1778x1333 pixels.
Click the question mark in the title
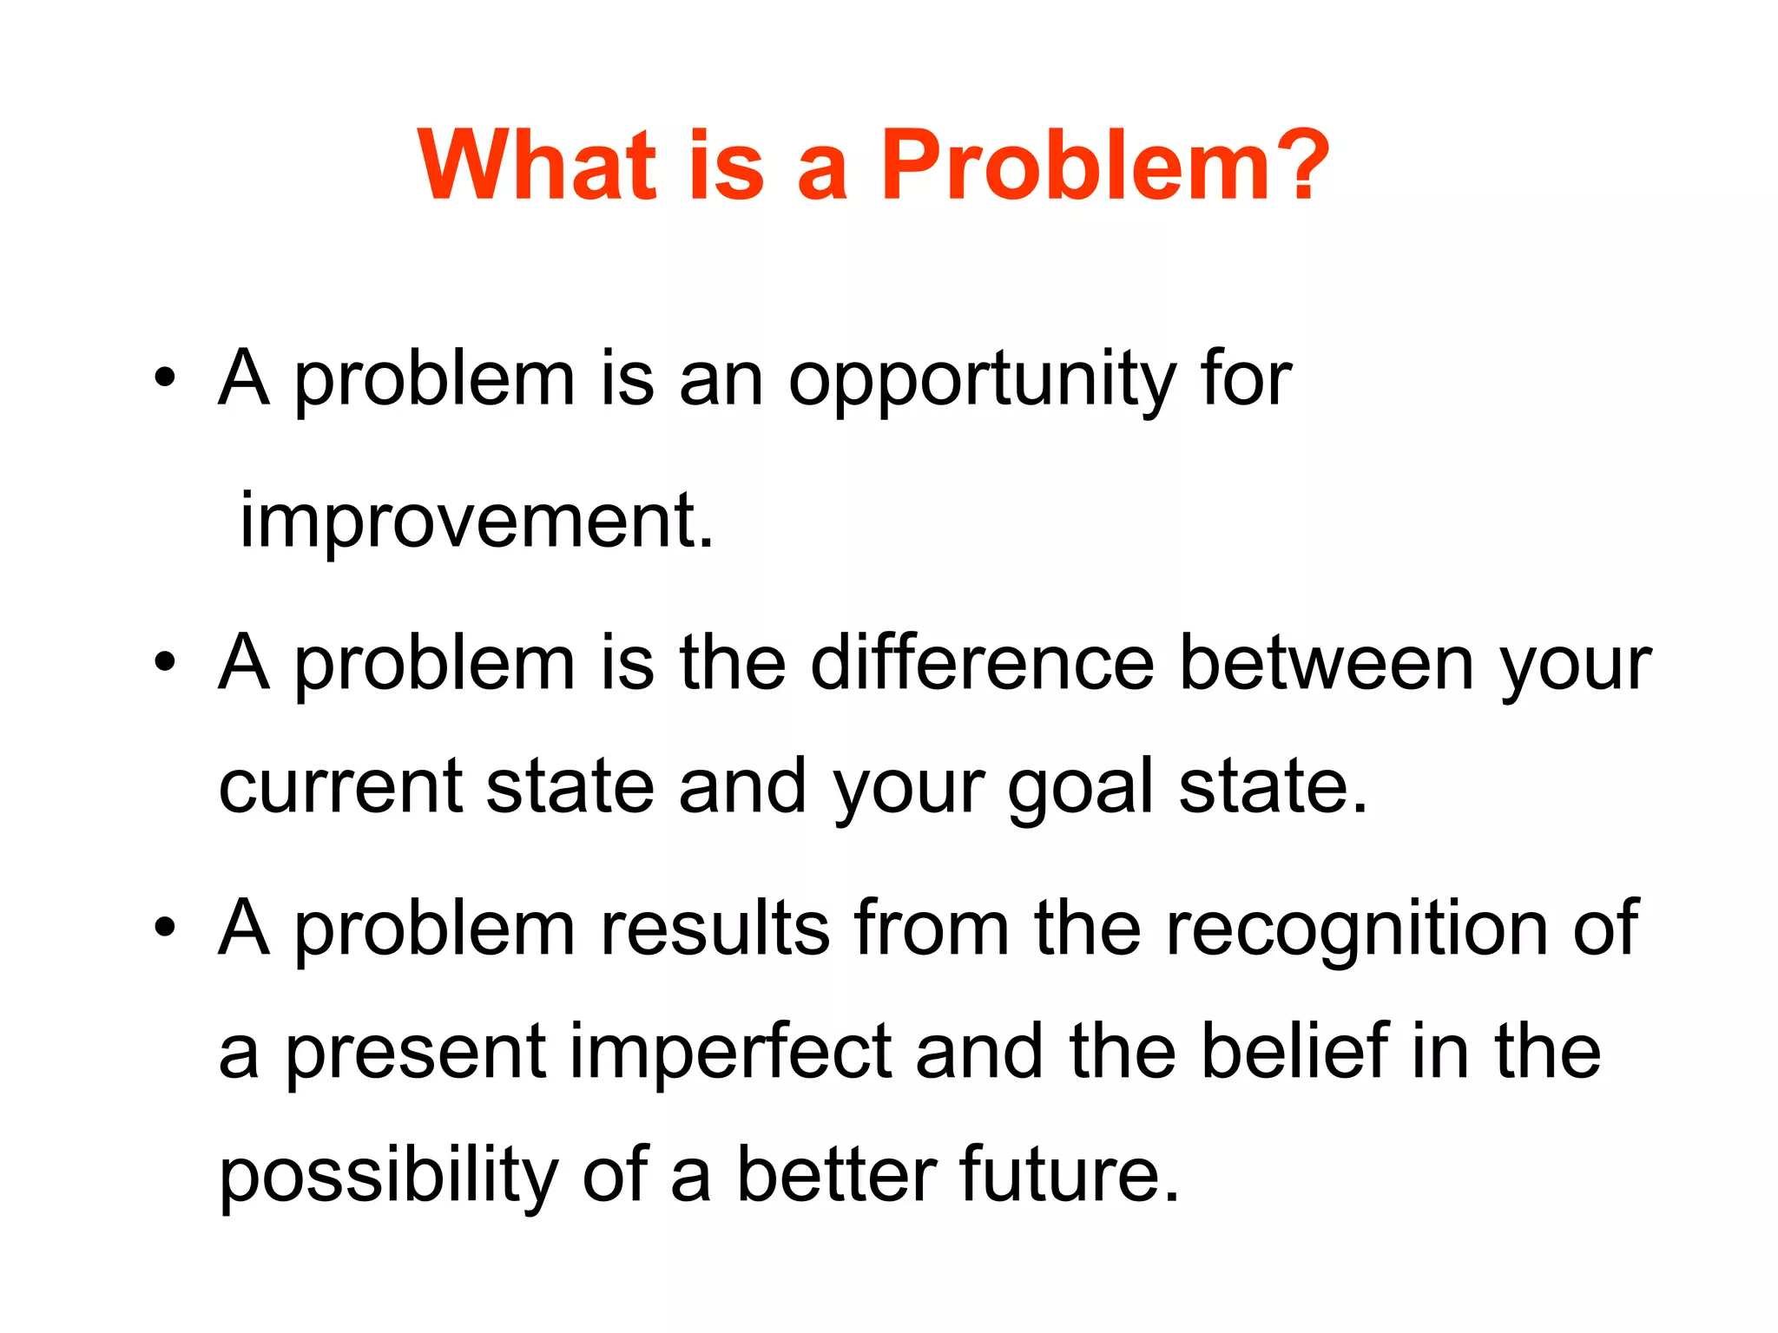pyautogui.click(x=1299, y=165)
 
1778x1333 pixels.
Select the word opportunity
pyautogui.click(x=981, y=382)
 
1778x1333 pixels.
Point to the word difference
pyautogui.click(x=981, y=664)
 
